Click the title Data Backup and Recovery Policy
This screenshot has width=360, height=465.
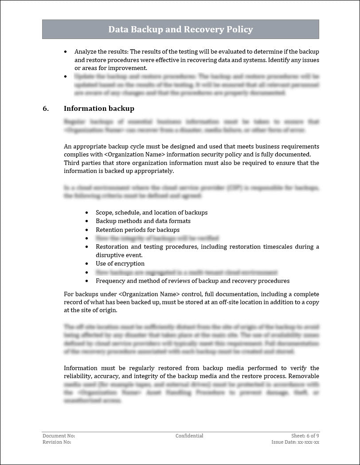click(180, 30)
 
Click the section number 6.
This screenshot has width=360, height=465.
click(46, 109)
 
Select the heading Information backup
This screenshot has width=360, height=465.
click(99, 109)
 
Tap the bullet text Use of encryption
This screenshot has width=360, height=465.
click(120, 264)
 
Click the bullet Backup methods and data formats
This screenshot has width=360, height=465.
click(143, 221)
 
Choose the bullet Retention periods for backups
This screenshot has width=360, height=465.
click(137, 230)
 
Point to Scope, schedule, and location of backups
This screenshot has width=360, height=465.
click(152, 212)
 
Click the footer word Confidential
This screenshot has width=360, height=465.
click(189, 436)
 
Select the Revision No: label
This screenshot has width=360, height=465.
click(57, 442)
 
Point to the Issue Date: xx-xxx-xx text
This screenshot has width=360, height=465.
click(295, 442)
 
